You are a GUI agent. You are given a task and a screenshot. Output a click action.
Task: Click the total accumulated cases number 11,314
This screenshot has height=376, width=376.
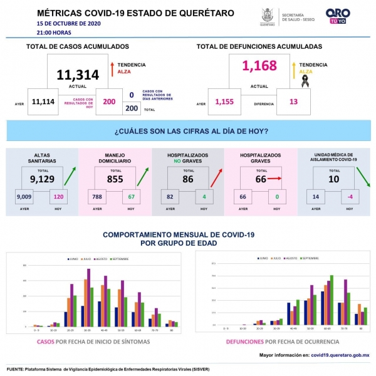coord(78,75)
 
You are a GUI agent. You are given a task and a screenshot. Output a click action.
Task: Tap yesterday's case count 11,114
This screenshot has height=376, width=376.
coord(44,102)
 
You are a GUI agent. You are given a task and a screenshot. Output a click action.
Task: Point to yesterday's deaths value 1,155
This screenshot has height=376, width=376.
coord(226,102)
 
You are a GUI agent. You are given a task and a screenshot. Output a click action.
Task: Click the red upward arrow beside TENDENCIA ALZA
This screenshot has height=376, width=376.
coord(111,67)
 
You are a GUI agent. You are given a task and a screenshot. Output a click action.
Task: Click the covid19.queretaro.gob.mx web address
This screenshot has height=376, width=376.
coord(340,355)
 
